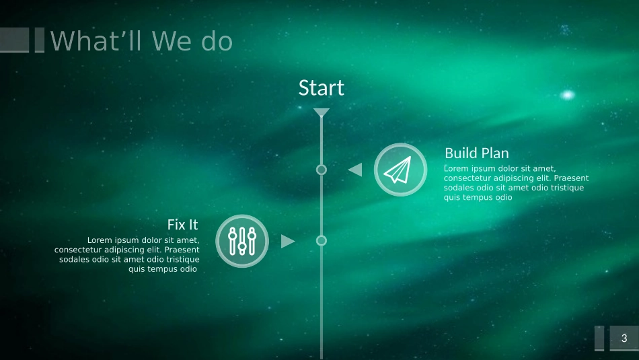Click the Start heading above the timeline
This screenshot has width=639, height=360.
tap(321, 88)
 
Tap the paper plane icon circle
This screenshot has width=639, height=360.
tap(401, 170)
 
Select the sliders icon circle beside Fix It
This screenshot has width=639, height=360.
tap(242, 241)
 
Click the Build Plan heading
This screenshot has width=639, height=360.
tap(477, 153)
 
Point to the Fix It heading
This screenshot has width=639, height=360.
tap(182, 225)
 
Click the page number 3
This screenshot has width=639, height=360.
tap(624, 338)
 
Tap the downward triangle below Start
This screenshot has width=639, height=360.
tap(321, 112)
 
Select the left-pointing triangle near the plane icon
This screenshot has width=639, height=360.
tap(355, 170)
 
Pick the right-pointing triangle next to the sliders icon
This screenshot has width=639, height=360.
tap(288, 241)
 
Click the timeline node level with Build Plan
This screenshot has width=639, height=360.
tap(321, 170)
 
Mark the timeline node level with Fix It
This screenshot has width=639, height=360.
tap(321, 241)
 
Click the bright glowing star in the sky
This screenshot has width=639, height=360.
tap(567, 95)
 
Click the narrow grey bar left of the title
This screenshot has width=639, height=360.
tap(40, 40)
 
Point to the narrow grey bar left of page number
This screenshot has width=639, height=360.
tap(599, 338)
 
